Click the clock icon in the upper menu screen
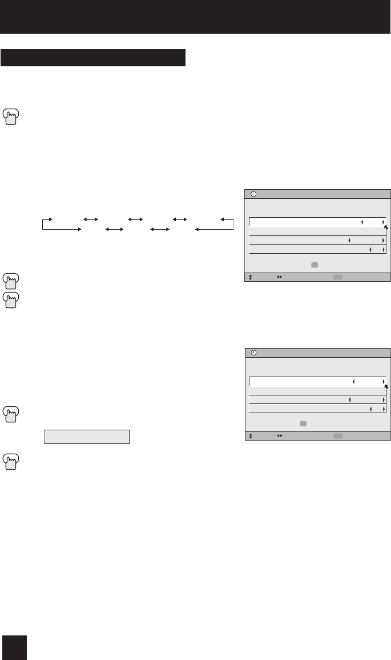tap(253, 194)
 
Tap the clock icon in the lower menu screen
tap(253, 353)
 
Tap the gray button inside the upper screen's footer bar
tap(338, 277)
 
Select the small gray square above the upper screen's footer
tap(314, 265)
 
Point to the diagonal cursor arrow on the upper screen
tap(386, 228)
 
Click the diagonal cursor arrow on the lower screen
tap(386, 387)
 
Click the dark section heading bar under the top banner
tap(94, 58)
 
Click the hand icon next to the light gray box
tap(11, 413)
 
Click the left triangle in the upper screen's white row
tap(362, 222)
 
